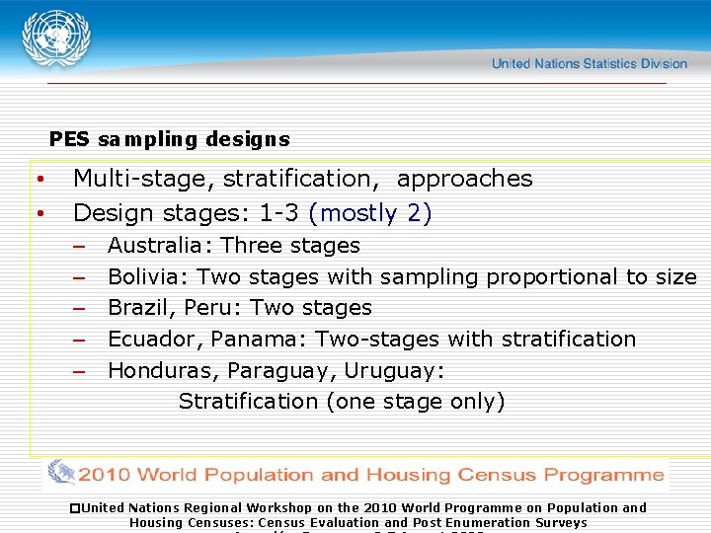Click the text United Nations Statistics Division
coord(589,63)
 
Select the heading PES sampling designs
coord(169,139)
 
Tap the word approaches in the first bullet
coord(464,179)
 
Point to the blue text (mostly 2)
coord(370,213)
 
